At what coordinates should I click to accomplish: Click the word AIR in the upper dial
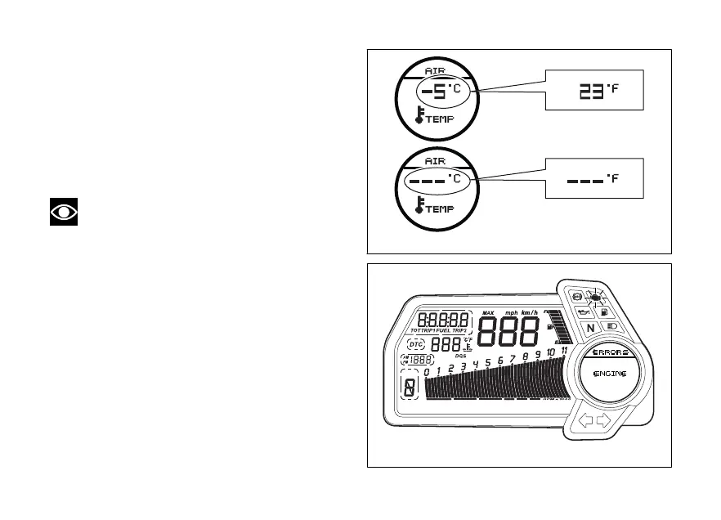click(x=435, y=70)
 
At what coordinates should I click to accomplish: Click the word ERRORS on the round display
click(x=605, y=352)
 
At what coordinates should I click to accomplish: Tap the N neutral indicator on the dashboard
click(x=589, y=329)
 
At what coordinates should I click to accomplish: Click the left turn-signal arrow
click(x=585, y=422)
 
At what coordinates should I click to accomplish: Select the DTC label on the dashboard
click(x=419, y=344)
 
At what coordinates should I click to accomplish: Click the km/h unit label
click(x=530, y=312)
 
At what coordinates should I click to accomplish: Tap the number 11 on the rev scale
click(x=564, y=351)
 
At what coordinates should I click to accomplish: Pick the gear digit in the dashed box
click(x=410, y=388)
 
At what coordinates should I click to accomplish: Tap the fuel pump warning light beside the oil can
click(x=603, y=312)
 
